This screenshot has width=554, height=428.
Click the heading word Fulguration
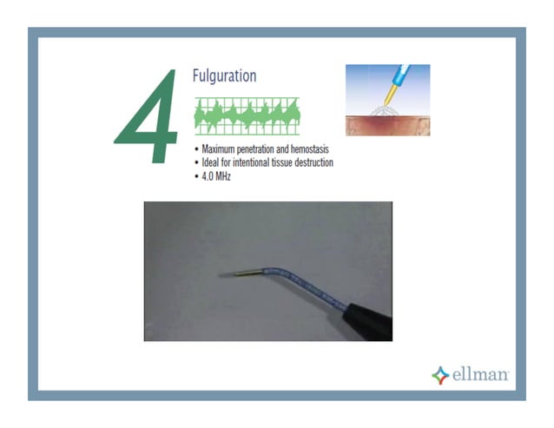tap(224, 76)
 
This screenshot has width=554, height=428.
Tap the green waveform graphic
tap(247, 115)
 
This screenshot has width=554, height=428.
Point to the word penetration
tap(265, 149)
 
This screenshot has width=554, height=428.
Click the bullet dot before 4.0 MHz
tap(197, 175)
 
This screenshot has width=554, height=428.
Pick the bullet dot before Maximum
tap(197, 149)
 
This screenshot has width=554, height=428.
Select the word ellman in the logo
tap(481, 375)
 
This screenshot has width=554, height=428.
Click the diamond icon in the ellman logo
tap(440, 375)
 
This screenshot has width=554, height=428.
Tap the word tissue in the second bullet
tap(287, 162)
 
